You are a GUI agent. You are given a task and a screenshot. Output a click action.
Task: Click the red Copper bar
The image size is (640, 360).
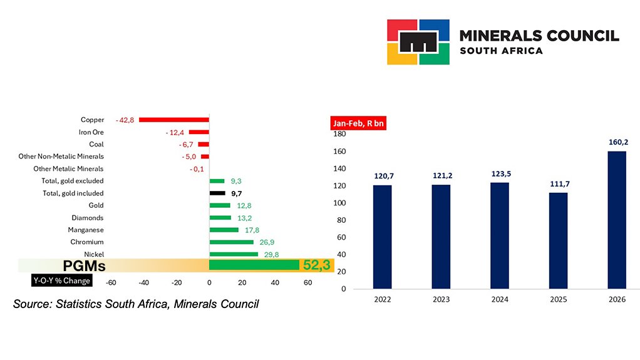[x=173, y=120]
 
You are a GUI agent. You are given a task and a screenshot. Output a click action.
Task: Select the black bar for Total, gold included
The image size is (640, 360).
[x=217, y=193]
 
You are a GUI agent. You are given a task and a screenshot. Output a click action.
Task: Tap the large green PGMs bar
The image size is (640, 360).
[x=254, y=265]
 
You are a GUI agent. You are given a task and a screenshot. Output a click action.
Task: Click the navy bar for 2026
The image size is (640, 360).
[x=617, y=220]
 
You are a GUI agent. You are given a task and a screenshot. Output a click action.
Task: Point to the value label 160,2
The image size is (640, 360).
[x=617, y=142]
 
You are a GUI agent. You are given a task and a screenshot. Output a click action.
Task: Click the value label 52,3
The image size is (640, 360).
[x=317, y=265]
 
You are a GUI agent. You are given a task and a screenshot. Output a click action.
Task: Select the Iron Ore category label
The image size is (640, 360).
[x=91, y=132]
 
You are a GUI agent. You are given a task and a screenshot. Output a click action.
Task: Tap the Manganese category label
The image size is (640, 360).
[x=86, y=230]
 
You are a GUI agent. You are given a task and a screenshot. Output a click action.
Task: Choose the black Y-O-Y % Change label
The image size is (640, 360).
[x=62, y=280]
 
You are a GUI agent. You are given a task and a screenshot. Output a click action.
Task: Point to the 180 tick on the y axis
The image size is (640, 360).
[x=339, y=134]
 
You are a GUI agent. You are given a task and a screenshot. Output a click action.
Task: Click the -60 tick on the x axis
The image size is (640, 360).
[x=111, y=282]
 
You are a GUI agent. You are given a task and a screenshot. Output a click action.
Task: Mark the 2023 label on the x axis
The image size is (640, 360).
[x=441, y=299]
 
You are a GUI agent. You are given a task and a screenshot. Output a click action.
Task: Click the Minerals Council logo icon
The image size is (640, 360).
[x=418, y=42]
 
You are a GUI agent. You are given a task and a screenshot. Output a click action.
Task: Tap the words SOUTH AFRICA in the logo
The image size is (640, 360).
[x=501, y=51]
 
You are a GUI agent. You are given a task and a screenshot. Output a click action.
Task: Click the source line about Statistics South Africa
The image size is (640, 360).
[x=136, y=304]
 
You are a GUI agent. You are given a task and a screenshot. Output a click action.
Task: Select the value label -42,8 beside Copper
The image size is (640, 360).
[x=125, y=120]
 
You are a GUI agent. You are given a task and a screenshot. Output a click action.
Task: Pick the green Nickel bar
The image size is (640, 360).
[x=233, y=254]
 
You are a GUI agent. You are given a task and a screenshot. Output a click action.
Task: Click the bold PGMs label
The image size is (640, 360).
[x=84, y=266]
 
